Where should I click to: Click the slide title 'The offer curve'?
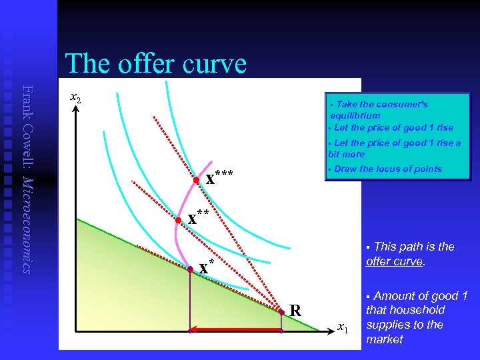point(155,64)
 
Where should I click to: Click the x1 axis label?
point(342,327)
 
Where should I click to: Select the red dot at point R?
point(281,311)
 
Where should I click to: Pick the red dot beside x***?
point(196,181)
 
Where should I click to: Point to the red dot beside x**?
point(178,219)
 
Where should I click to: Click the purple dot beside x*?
point(190,269)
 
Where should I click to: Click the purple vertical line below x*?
point(190,300)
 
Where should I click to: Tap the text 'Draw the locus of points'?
point(387,169)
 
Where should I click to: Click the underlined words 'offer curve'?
point(394,261)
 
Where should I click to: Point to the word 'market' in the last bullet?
point(384,339)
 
